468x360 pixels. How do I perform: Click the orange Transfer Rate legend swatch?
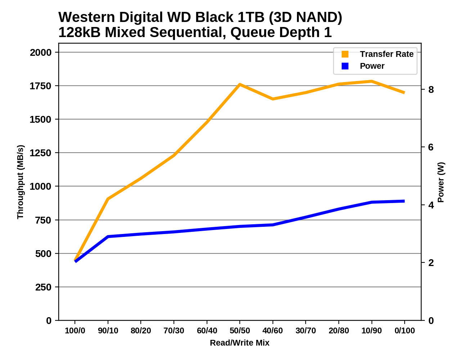(x=345, y=54)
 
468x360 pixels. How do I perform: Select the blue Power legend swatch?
(x=345, y=66)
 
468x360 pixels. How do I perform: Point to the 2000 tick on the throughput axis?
(x=41, y=53)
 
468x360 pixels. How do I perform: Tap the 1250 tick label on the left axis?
(x=41, y=153)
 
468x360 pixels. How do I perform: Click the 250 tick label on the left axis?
(x=43, y=287)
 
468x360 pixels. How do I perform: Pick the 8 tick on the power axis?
(x=431, y=90)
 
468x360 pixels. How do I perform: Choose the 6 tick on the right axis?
(x=431, y=147)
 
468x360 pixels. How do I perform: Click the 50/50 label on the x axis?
(x=240, y=331)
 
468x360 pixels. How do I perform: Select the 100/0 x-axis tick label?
(x=75, y=331)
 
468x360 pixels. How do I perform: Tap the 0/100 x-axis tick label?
(x=405, y=331)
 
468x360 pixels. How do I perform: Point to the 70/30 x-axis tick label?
(x=174, y=331)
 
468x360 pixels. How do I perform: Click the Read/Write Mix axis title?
(x=239, y=343)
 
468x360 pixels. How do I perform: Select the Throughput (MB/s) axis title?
(x=20, y=182)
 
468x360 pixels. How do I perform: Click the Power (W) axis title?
(x=441, y=182)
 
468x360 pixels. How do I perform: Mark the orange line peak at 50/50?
(x=240, y=84)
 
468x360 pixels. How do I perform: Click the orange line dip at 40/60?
(x=273, y=99)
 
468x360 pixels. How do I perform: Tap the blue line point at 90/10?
(x=108, y=237)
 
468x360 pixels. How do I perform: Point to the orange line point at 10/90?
(x=372, y=81)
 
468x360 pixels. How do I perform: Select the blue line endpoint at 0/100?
(x=404, y=201)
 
